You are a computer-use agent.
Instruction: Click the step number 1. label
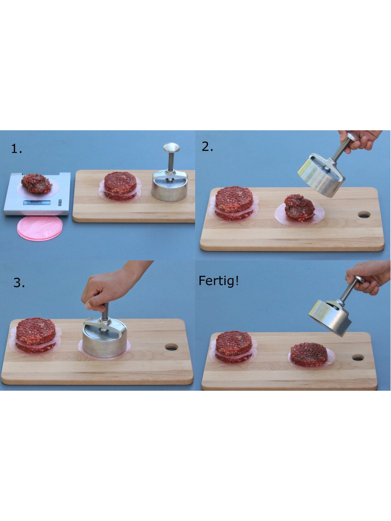pyautogui.click(x=17, y=149)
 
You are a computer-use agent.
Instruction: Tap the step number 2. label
pyautogui.click(x=207, y=147)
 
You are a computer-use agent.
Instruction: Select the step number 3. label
pyautogui.click(x=19, y=283)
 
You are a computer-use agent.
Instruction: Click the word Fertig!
pyautogui.click(x=218, y=281)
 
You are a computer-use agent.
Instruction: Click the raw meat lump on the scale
pyautogui.click(x=36, y=183)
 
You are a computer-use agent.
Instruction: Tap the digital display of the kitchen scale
pyautogui.click(x=37, y=203)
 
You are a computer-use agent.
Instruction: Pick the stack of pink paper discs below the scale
pyautogui.click(x=40, y=228)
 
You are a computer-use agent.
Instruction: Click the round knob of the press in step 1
pyautogui.click(x=171, y=147)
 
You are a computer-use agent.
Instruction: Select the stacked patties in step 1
pyautogui.click(x=120, y=186)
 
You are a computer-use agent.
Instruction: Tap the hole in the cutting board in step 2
pyautogui.click(x=364, y=215)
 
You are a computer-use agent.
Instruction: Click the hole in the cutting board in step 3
pyautogui.click(x=171, y=347)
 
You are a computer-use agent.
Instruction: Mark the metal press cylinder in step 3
pyautogui.click(x=105, y=338)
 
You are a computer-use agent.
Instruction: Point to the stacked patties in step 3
pyautogui.click(x=36, y=335)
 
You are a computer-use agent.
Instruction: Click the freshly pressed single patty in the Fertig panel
pyautogui.click(x=309, y=354)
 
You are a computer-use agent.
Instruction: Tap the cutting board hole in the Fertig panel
pyautogui.click(x=358, y=358)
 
